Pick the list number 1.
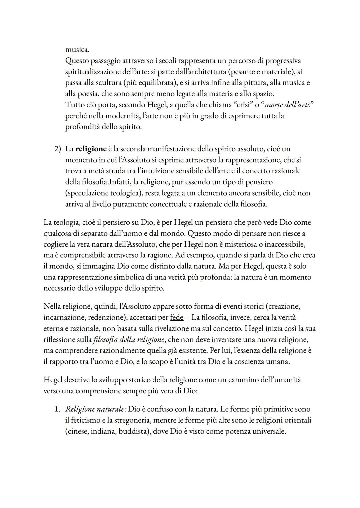57,409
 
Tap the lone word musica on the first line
77,50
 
